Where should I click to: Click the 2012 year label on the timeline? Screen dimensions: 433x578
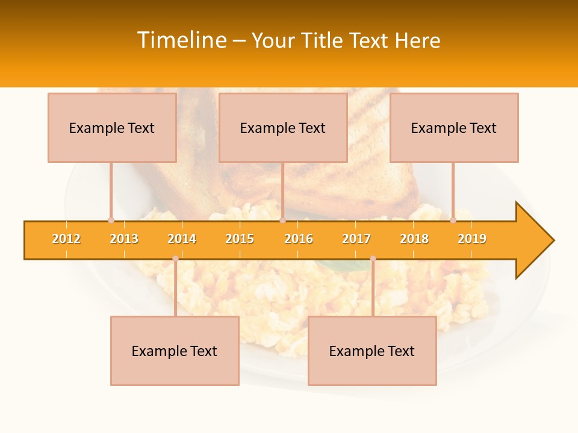(66, 239)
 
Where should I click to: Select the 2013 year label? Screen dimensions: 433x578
(124, 239)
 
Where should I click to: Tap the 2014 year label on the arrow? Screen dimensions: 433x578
(182, 239)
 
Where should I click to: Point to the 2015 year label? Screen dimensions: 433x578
(240, 239)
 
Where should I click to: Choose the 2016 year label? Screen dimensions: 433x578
(299, 239)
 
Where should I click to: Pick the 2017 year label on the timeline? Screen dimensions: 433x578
(356, 239)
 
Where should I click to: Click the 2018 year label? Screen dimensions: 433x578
(414, 239)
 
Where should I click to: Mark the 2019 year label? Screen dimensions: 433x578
(472, 239)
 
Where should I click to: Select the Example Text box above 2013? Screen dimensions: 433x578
(112, 127)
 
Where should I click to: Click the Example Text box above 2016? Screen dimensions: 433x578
(283, 127)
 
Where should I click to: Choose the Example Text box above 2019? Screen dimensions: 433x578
(454, 127)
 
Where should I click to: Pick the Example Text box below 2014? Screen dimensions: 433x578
(175, 351)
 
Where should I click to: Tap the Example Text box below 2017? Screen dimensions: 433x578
(372, 351)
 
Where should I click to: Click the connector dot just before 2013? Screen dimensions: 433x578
(111, 221)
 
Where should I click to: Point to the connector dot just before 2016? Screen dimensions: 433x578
(282, 221)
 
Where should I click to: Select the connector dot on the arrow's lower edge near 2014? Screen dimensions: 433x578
(175, 259)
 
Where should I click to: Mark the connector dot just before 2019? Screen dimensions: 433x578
(453, 221)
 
